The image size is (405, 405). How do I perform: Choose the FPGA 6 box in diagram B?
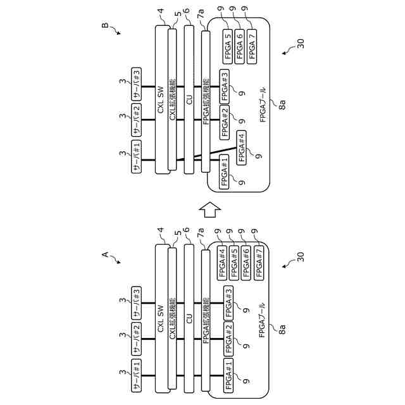click(240, 44)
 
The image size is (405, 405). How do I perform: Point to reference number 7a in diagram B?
click(201, 13)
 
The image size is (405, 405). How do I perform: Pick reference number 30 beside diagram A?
click(300, 257)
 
